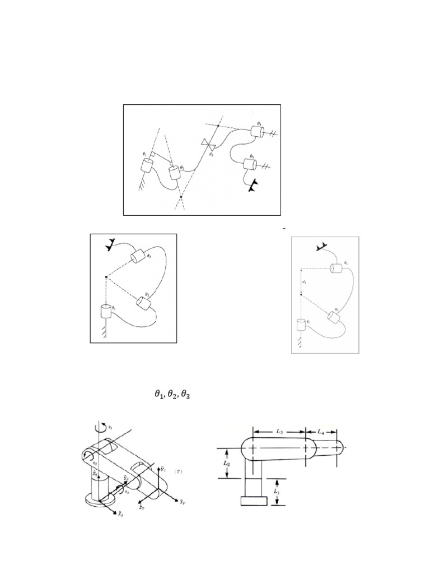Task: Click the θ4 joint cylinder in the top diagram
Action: click(257, 132)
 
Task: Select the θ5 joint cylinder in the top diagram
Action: click(250, 165)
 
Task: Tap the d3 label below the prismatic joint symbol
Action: click(211, 154)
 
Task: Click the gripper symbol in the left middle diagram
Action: click(110, 244)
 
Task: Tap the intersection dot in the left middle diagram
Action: click(106, 277)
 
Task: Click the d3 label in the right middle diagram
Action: click(303, 282)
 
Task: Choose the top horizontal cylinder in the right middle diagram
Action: click(336, 268)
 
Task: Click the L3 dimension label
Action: click(279, 431)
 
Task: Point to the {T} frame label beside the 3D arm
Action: click(178, 471)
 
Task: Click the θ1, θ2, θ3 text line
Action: click(172, 395)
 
